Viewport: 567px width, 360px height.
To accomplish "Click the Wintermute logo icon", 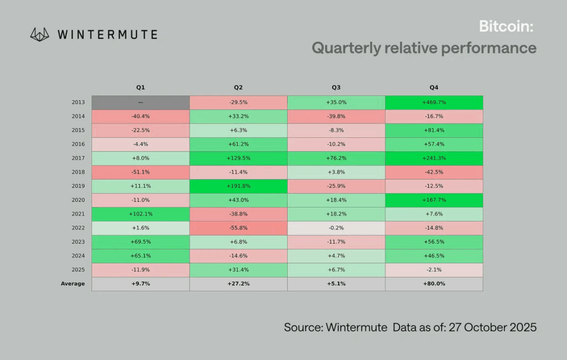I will pos(39,35).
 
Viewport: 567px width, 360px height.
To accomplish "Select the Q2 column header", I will pos(238,87).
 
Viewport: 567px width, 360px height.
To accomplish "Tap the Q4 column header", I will pos(434,87).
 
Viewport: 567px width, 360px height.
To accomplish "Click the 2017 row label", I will pos(78,158).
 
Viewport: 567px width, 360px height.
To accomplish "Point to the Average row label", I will pos(72,284).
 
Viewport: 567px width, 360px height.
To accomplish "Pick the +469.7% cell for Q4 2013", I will pos(434,102).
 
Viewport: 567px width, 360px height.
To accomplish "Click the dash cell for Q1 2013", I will pos(140,102).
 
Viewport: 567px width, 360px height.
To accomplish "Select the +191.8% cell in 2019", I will pos(238,186).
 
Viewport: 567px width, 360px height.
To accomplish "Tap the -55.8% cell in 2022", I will pos(238,228).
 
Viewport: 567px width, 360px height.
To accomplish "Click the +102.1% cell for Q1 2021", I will pos(140,214).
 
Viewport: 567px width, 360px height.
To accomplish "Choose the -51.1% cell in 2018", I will pos(140,172).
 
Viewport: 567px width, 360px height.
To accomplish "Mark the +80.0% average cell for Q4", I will pos(434,284).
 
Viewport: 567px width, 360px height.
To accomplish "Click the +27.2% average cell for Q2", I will pos(238,284).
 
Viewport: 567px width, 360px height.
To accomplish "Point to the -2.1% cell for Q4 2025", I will pos(434,270).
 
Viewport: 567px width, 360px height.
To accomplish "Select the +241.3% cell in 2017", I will pos(434,158).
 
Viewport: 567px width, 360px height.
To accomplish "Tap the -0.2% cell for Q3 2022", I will pos(336,228).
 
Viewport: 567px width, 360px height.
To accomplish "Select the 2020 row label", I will pos(78,200).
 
